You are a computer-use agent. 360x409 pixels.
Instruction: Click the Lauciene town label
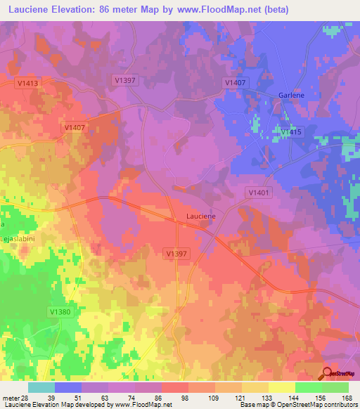[x=200, y=216]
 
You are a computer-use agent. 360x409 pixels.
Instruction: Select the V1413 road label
[x=27, y=83]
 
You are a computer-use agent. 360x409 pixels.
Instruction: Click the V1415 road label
[x=290, y=132]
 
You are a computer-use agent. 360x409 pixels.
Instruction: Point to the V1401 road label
[x=259, y=191]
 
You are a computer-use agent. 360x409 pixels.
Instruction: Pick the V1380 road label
[x=61, y=311]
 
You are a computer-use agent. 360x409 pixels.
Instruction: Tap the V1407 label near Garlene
[x=235, y=83]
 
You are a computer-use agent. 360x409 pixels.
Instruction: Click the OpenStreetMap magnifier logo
[x=327, y=373]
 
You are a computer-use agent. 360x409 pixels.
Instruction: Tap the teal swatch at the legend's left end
[x=41, y=387]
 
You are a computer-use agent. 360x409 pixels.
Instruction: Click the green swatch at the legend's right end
[x=335, y=387]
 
